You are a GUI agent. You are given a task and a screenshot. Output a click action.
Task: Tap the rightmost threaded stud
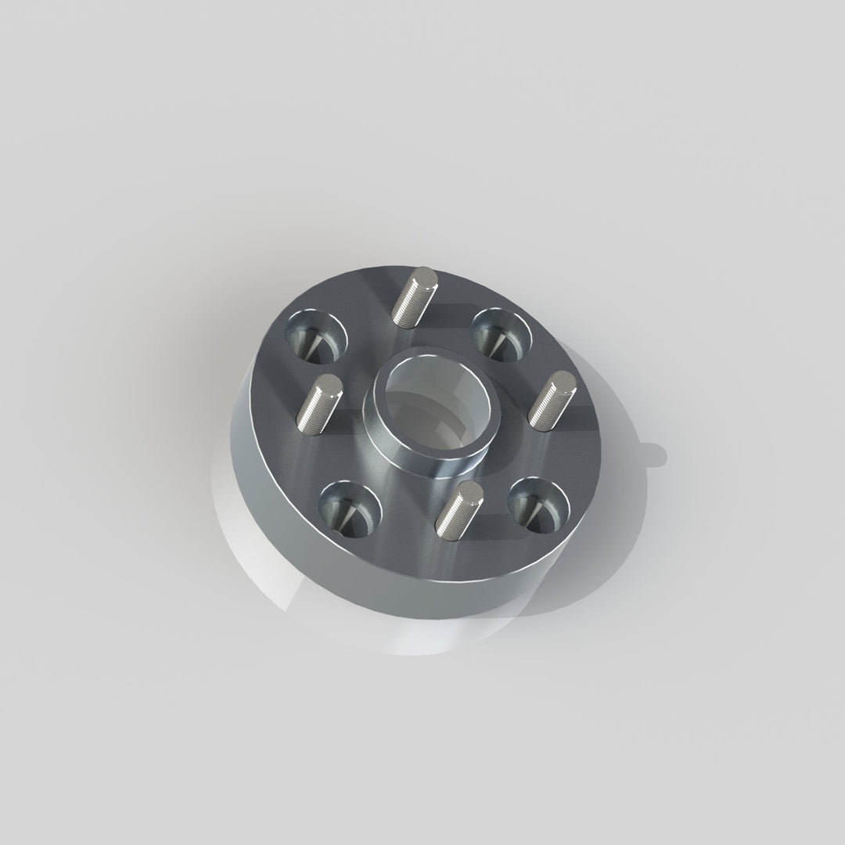tap(552, 400)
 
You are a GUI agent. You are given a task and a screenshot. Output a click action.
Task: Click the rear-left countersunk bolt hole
tap(316, 335)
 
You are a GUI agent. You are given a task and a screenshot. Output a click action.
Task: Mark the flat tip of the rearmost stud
tap(426, 275)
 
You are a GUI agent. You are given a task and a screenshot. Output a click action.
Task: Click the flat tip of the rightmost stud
tap(563, 382)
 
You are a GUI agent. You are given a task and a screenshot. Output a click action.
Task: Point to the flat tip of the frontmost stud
tap(469, 492)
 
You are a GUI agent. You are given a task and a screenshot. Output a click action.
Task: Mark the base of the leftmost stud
tap(307, 426)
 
